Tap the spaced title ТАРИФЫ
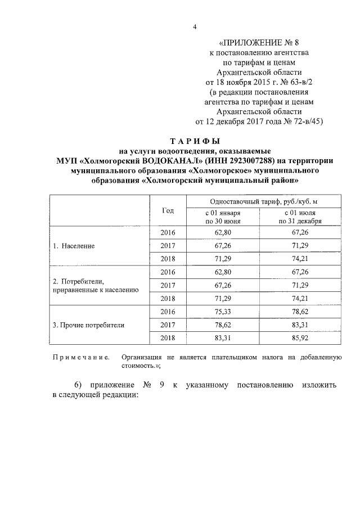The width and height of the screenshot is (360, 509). tap(194, 141)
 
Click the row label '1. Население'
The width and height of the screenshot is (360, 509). tap(74, 246)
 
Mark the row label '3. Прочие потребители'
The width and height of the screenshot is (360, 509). tap(88, 325)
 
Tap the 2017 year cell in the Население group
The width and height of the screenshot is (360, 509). tap(168, 246)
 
